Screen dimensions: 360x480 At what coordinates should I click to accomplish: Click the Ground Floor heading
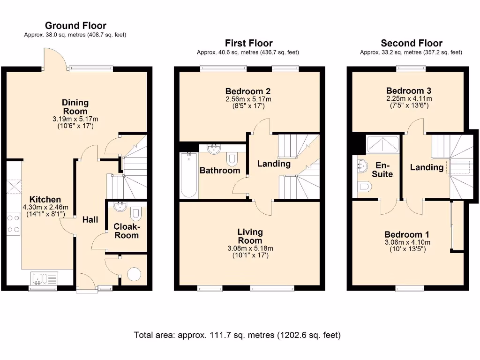[75, 26]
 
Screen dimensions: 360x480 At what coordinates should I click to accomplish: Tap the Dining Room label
[75, 107]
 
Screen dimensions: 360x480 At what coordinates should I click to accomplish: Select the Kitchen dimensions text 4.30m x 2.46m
[42, 208]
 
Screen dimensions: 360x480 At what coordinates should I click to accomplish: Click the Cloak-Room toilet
[136, 214]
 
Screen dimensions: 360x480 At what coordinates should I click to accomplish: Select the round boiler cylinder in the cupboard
[134, 274]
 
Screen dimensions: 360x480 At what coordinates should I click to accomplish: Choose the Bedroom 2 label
[248, 91]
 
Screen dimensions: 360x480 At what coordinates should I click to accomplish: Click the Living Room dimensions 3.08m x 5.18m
[250, 248]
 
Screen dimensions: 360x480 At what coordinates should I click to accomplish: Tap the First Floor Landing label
[274, 164]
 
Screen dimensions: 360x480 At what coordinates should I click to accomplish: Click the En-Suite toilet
[364, 187]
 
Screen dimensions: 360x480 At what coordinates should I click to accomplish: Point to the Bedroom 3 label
[409, 91]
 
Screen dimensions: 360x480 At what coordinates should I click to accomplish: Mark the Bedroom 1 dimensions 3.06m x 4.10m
[407, 242]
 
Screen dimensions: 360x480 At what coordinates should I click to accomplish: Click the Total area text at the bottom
[237, 335]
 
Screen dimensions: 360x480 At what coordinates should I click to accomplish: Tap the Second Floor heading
[411, 43]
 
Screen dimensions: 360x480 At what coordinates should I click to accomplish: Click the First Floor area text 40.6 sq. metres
[247, 52]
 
